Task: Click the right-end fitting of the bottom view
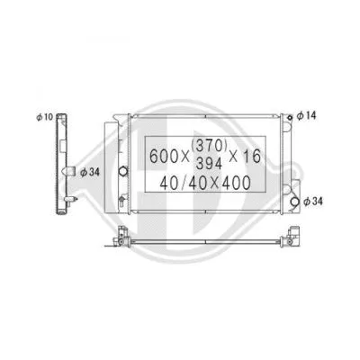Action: click(292, 239)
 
